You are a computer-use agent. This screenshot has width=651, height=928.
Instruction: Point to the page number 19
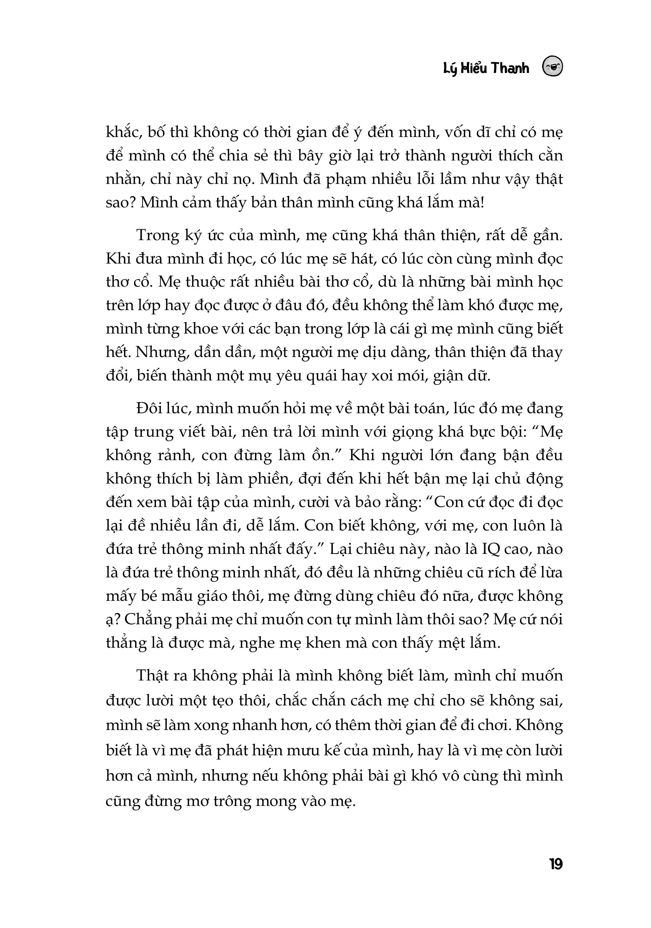556,865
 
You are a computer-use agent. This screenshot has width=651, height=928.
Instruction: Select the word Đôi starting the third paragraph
150,409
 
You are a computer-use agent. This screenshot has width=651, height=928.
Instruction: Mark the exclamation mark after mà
481,202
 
